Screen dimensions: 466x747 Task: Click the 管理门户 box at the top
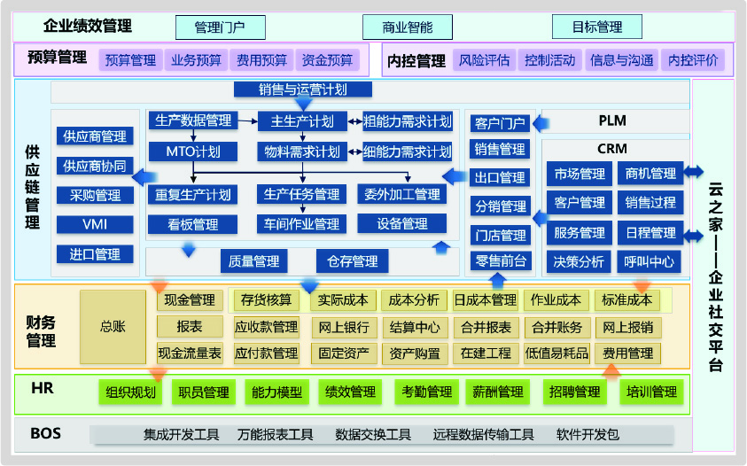click(x=221, y=27)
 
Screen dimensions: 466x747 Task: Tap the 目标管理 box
click(x=596, y=27)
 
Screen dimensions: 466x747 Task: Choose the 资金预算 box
click(x=327, y=60)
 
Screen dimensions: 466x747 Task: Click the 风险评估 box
click(x=484, y=60)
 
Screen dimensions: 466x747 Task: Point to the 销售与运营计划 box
click(x=302, y=89)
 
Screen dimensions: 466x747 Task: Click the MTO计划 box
click(x=192, y=151)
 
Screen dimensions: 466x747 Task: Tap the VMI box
click(x=95, y=224)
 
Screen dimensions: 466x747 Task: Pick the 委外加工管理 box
click(x=402, y=194)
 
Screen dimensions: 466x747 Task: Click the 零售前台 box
click(x=501, y=261)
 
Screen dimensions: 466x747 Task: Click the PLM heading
click(x=612, y=120)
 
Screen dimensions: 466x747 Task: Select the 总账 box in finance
click(x=113, y=327)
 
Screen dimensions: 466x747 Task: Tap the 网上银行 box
click(x=344, y=327)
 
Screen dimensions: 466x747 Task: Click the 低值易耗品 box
click(x=556, y=353)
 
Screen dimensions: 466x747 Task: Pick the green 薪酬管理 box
click(x=498, y=392)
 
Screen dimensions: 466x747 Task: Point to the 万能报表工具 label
click(x=276, y=435)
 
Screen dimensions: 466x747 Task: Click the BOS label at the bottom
click(x=45, y=434)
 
